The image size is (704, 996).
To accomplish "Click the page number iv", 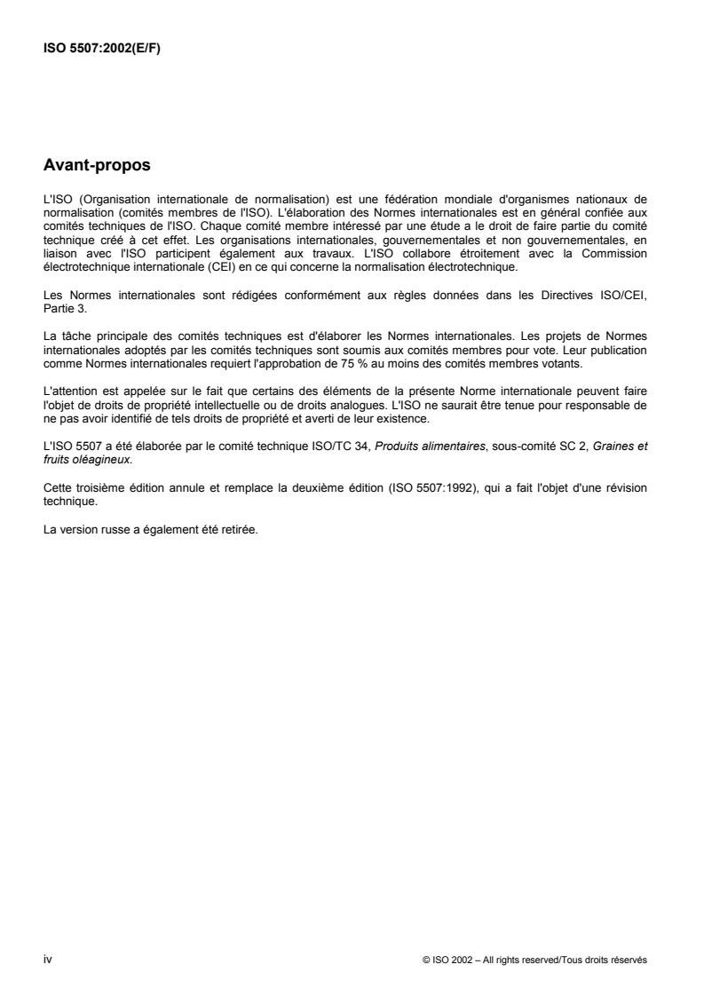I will tap(47, 960).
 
